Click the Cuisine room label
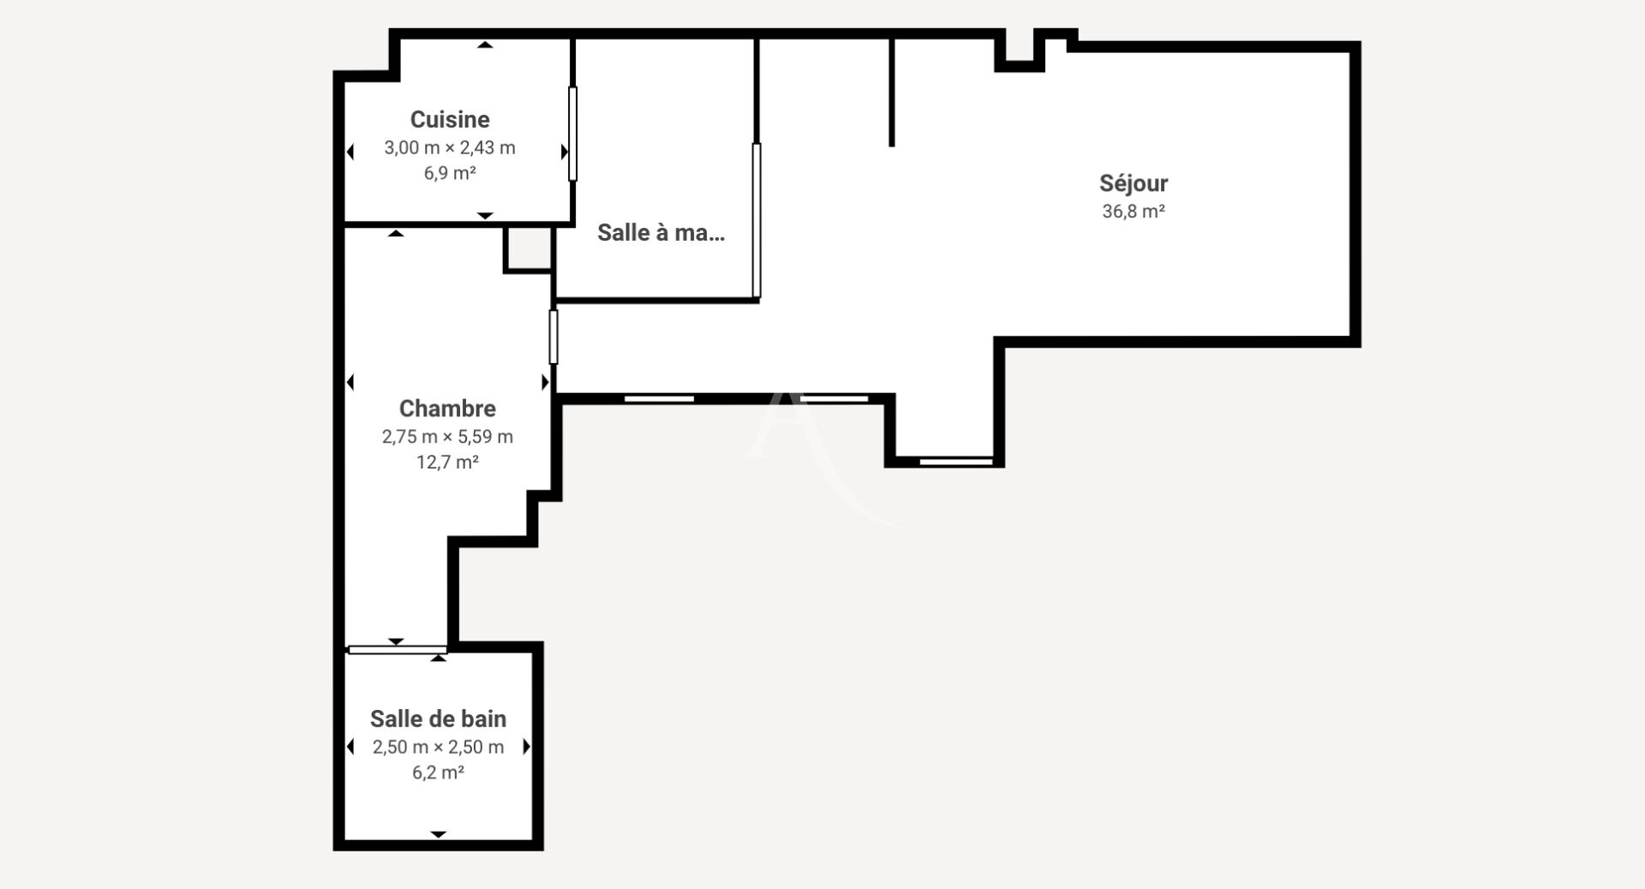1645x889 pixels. click(450, 119)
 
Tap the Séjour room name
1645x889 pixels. click(1134, 182)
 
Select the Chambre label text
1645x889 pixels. click(447, 408)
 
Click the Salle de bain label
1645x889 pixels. click(438, 718)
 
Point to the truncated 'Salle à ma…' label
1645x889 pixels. click(661, 232)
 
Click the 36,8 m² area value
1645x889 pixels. click(1134, 211)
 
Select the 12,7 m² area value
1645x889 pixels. click(447, 462)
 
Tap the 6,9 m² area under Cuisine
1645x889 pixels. click(450, 173)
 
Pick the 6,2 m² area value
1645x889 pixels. click(438, 773)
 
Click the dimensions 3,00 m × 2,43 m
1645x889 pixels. click(450, 147)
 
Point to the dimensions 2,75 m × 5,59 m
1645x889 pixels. click(447, 437)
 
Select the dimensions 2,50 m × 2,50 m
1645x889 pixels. click(438, 747)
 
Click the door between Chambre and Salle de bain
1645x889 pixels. click(398, 649)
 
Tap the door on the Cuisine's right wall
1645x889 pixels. click(572, 134)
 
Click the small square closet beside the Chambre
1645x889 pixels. click(528, 248)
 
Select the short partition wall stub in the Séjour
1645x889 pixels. click(892, 92)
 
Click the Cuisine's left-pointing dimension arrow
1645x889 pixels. click(350, 152)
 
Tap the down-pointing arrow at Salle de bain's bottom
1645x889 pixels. click(438, 834)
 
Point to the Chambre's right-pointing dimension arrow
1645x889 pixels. click(545, 382)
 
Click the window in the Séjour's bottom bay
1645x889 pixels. click(956, 462)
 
